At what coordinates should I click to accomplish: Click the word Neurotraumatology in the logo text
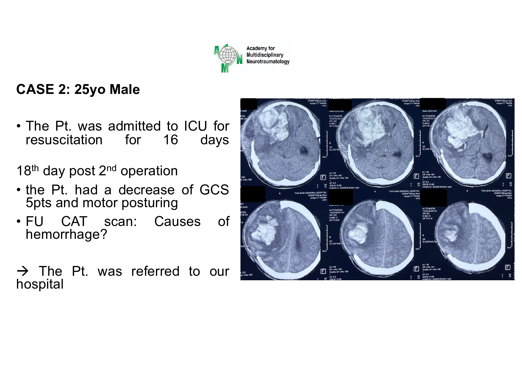[268, 62]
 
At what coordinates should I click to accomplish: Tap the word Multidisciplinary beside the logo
[265, 55]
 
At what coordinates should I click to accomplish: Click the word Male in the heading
[124, 89]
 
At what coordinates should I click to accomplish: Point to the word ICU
[196, 126]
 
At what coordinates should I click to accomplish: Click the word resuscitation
[64, 140]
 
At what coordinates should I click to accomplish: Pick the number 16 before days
[171, 140]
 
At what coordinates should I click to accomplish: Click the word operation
[149, 171]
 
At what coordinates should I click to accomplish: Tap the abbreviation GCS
[214, 190]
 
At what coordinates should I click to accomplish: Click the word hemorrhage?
[66, 234]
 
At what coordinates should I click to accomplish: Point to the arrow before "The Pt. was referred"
[23, 271]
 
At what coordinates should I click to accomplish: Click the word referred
[155, 271]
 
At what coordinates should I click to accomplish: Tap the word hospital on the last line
[40, 284]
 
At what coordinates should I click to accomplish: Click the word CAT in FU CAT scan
[74, 222]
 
